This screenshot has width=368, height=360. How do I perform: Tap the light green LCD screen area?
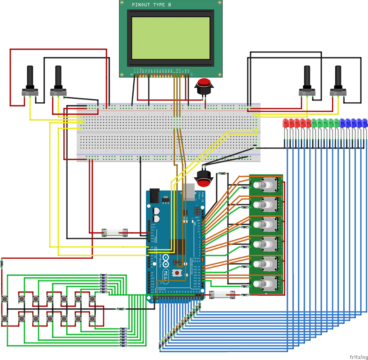[171, 38]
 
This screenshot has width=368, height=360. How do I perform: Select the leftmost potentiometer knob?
[30, 77]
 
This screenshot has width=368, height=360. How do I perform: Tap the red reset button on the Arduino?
[177, 273]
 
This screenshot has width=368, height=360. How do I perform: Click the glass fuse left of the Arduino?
[115, 233]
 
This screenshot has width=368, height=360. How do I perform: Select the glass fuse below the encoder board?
[222, 295]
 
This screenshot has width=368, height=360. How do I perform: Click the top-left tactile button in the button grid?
[5, 299]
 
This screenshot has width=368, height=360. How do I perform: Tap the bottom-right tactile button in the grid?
[92, 318]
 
